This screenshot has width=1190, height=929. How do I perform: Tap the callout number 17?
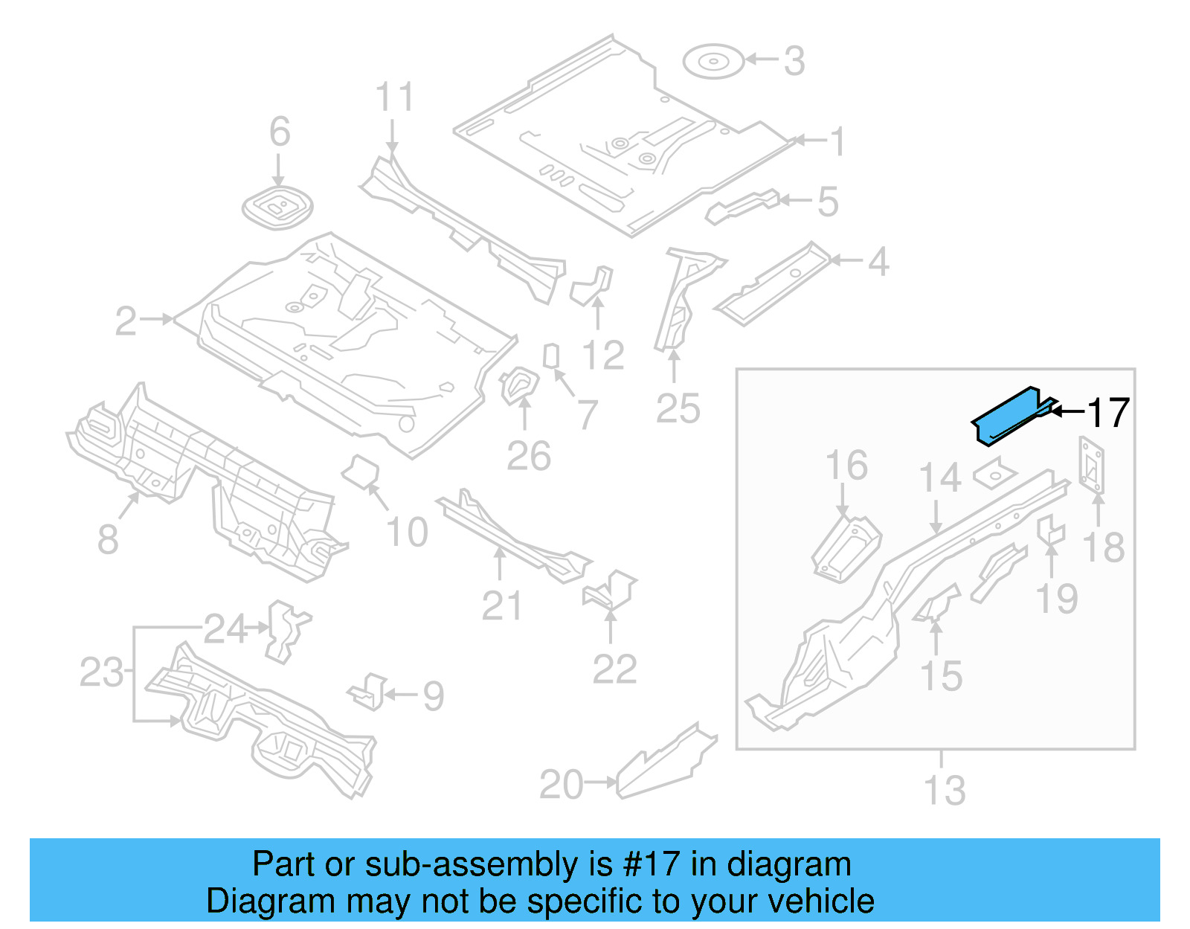[x=1108, y=413]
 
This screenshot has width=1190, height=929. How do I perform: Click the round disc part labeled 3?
[x=713, y=61]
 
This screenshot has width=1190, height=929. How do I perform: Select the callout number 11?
[x=394, y=97]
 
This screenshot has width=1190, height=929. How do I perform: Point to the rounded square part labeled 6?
[x=277, y=208]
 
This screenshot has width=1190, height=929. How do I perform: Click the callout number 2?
[x=126, y=321]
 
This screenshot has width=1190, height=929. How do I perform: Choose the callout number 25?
[x=678, y=408]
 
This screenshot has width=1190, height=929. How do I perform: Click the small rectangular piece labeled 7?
[x=551, y=356]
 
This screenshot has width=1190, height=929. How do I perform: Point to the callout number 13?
[x=944, y=791]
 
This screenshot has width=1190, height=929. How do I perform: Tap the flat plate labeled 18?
[x=1091, y=466]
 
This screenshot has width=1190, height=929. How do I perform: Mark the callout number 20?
[x=561, y=785]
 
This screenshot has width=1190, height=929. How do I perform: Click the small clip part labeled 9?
[x=370, y=692]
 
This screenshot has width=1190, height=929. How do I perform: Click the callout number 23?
[x=102, y=673]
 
